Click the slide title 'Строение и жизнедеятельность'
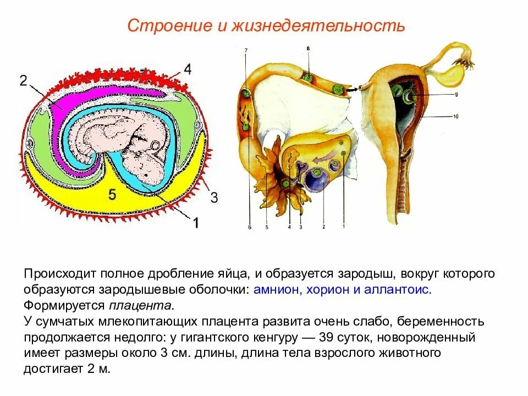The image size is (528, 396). point(266,26)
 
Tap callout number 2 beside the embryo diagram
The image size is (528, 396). point(23,81)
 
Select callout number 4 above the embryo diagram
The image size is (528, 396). point(188,69)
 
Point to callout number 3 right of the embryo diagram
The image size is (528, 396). point(214,198)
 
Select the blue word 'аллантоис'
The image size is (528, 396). point(398,290)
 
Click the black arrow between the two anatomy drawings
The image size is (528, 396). point(350,88)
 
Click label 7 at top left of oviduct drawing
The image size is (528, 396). point(245,50)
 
